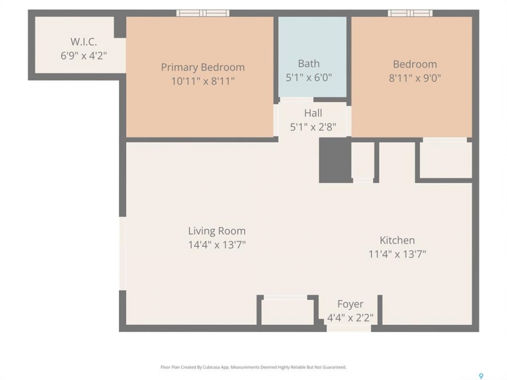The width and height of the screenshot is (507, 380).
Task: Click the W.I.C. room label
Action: tap(84, 42)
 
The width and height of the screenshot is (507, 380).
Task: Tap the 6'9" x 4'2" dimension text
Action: tap(84, 55)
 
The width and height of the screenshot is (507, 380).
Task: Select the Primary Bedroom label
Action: tap(203, 67)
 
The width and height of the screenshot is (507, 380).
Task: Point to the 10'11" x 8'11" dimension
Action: tap(203, 81)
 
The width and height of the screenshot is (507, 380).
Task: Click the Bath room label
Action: tap(309, 64)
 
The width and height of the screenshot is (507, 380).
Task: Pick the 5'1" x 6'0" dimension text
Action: tap(309, 78)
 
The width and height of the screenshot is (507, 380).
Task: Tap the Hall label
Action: tap(313, 113)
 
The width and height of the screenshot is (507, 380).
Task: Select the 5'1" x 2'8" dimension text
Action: tap(313, 127)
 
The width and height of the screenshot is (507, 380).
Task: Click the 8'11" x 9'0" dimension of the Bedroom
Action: tap(415, 78)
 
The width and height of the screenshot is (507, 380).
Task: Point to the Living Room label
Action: tap(217, 231)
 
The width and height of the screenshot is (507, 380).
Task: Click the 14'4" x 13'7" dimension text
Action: tap(217, 244)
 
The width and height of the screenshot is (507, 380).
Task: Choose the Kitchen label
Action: tap(397, 241)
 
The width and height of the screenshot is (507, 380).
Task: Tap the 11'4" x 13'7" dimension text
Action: tap(397, 254)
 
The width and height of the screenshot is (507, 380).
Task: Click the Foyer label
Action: tap(350, 304)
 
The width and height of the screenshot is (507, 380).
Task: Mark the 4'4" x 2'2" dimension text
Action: tap(350, 318)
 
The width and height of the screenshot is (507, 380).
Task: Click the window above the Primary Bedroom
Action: tap(203, 13)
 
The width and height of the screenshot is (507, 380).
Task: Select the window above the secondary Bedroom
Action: tap(410, 13)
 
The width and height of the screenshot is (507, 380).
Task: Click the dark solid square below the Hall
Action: tap(335, 160)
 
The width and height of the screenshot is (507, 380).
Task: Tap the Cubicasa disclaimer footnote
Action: tap(253, 367)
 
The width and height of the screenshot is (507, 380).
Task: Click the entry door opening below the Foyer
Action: tap(349, 328)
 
